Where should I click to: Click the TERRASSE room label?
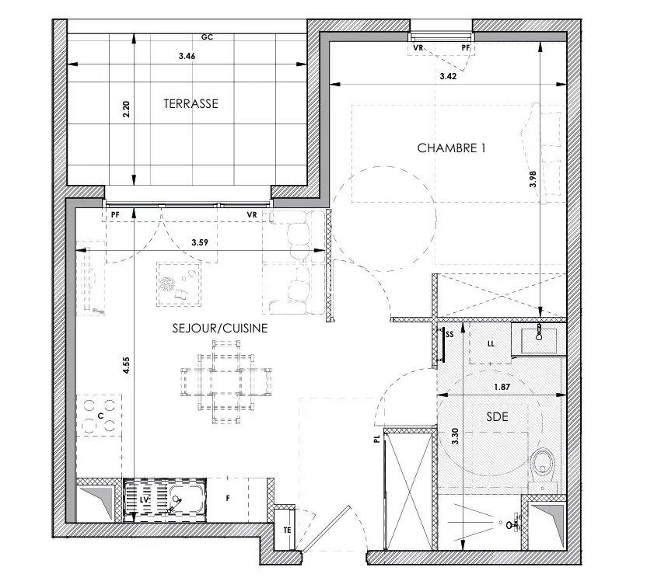click(190, 103)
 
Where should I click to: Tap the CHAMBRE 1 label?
click(451, 148)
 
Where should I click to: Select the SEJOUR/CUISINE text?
click(220, 329)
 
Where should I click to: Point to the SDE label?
click(497, 416)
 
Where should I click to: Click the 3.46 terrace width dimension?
click(187, 57)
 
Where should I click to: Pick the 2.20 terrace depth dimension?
click(126, 110)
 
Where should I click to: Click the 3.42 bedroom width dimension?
click(448, 76)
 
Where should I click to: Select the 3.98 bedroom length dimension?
click(533, 179)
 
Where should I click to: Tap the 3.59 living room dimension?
click(201, 244)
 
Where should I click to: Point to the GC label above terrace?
click(207, 36)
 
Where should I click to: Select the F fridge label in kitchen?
click(228, 499)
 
